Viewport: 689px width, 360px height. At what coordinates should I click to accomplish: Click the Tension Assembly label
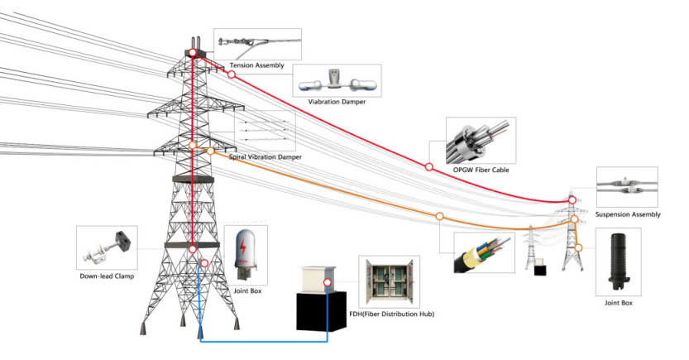pyautogui.click(x=256, y=65)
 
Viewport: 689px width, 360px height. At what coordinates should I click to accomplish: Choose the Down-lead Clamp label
pyautogui.click(x=106, y=276)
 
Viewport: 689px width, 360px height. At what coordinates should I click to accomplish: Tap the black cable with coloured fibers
pyautogui.click(x=479, y=253)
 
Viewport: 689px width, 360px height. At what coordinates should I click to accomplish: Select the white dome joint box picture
pyautogui.click(x=246, y=249)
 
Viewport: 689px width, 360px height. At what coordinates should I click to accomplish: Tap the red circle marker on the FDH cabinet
pyautogui.click(x=328, y=282)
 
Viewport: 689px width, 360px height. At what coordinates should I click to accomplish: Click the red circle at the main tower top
pyautogui.click(x=192, y=53)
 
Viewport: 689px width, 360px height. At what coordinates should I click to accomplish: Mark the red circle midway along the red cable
pyautogui.click(x=428, y=166)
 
